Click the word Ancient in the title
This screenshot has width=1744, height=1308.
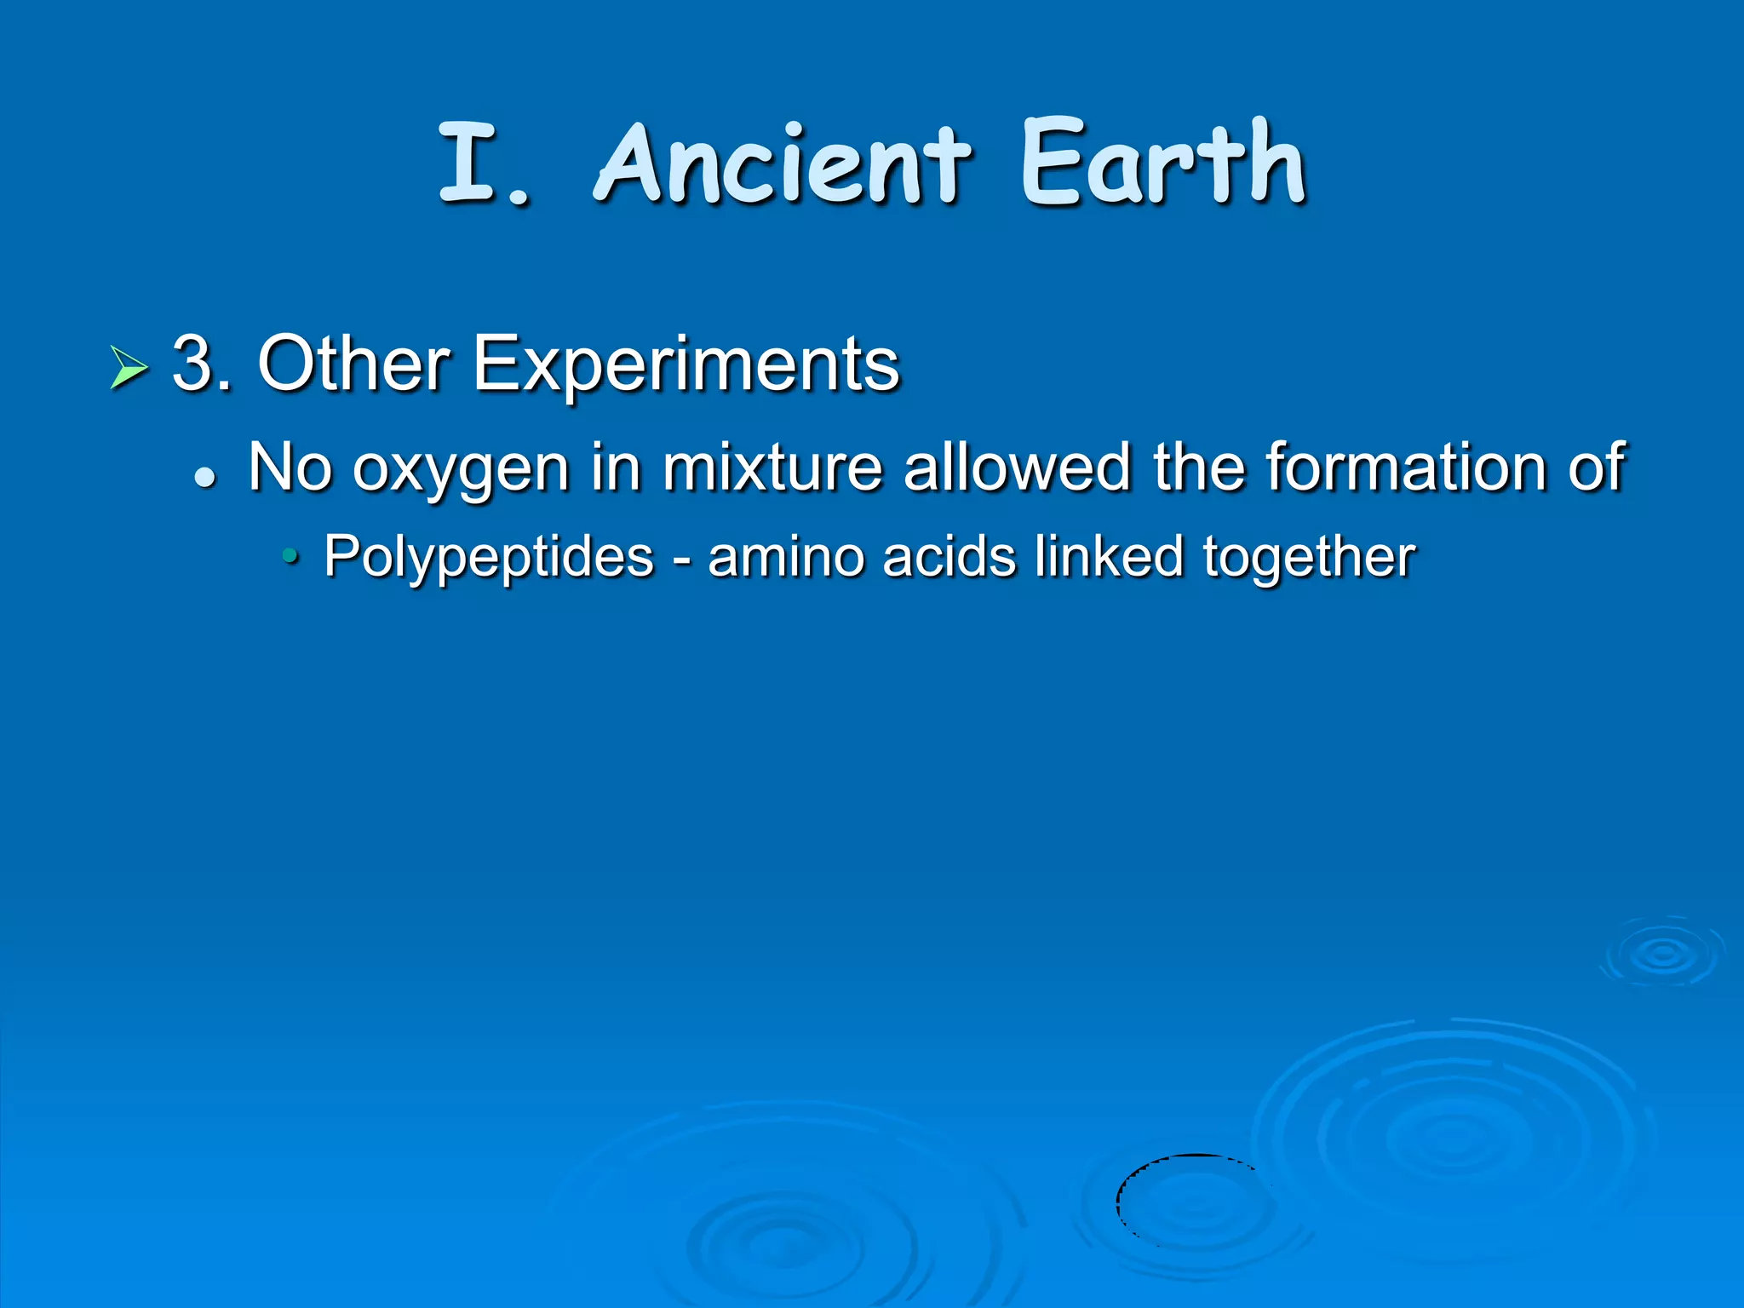pos(782,163)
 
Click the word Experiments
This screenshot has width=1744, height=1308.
pos(686,364)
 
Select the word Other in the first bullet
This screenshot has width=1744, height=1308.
pos(353,364)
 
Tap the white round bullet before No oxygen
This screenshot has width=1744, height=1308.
pos(205,477)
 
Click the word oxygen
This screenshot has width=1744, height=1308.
pos(461,468)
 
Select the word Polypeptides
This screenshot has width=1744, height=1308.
pos(489,557)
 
